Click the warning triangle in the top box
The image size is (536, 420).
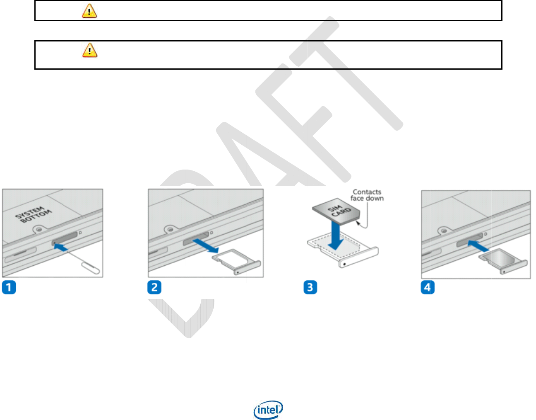point(89,11)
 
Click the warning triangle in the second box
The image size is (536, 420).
point(89,50)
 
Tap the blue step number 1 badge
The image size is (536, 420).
point(9,287)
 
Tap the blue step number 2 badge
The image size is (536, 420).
point(154,287)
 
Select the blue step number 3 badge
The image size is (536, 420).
point(310,287)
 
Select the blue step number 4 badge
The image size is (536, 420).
point(428,287)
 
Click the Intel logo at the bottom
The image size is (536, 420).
point(268,410)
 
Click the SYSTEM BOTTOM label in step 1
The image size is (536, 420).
point(34,214)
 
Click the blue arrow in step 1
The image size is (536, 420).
point(61,247)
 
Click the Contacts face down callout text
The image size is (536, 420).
point(367,195)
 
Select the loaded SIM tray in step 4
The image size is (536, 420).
point(502,262)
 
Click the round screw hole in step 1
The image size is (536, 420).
point(39,228)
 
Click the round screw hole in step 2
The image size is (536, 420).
point(170,228)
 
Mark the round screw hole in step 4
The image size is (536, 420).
point(444,230)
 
